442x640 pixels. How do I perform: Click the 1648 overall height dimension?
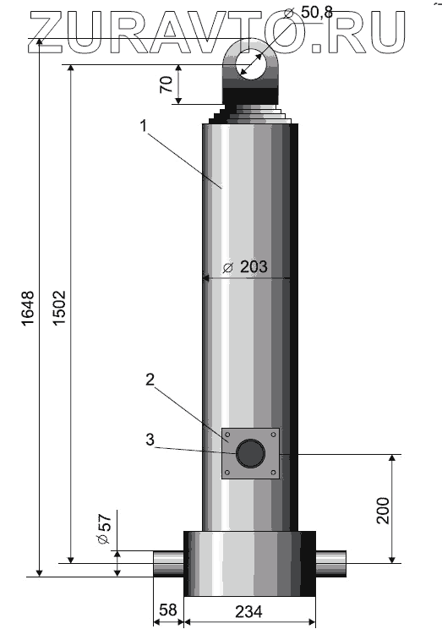[28, 308]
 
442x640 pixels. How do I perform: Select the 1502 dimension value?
[60, 308]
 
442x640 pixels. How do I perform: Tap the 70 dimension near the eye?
[166, 85]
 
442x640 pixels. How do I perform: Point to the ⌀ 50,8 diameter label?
[308, 13]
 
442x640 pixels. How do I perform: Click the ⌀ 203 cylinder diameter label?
[245, 267]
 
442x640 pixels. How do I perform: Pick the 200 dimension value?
[383, 510]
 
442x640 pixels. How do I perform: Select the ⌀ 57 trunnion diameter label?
[105, 529]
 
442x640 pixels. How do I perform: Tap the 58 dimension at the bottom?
[167, 610]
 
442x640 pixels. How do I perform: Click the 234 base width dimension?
[248, 612]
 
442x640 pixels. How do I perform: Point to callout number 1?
[143, 126]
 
